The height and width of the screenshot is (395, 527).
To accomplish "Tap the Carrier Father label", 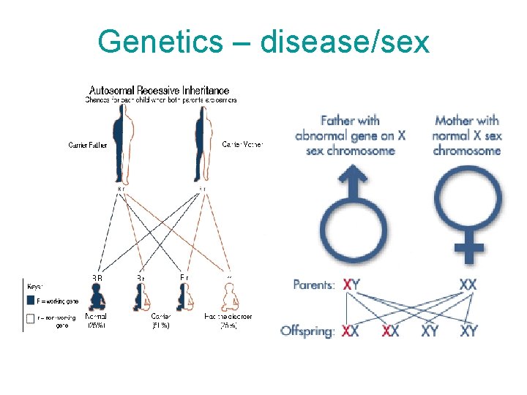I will [88, 146].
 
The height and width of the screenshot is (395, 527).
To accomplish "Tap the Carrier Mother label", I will [242, 145].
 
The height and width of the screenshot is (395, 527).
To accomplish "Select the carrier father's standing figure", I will [118, 143].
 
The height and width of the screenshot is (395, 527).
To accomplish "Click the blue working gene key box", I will [31, 300].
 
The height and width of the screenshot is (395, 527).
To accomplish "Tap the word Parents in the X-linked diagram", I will [314, 285].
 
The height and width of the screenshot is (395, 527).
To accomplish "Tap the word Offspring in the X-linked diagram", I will [307, 331].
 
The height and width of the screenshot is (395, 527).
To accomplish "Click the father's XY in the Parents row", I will [351, 285].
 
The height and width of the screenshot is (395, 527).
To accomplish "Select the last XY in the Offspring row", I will [468, 331].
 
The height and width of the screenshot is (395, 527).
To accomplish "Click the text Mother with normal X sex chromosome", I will [467, 135].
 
